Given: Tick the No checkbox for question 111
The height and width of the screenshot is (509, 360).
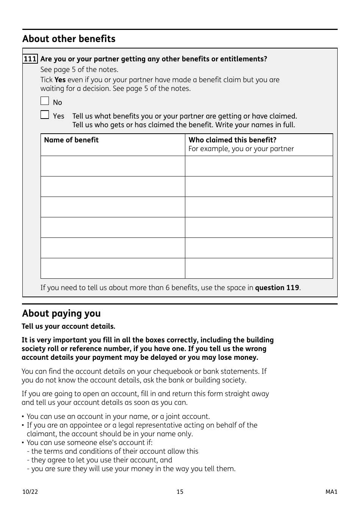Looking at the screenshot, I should pyautogui.click(x=45, y=101).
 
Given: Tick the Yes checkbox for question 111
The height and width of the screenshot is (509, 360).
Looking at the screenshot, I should pyautogui.click(x=45, y=114).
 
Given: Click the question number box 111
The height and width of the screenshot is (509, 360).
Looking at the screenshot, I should pyautogui.click(x=30, y=59).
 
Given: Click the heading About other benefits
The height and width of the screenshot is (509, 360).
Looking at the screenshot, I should pyautogui.click(x=69, y=39).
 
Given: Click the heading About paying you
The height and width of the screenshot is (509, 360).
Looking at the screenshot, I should pyautogui.click(x=61, y=314).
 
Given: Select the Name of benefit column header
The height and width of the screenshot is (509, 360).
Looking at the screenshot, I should pyautogui.click(x=71, y=140).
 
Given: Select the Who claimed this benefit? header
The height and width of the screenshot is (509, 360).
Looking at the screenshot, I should pyautogui.click(x=232, y=140).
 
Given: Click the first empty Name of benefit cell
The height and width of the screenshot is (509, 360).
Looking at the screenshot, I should pyautogui.click(x=113, y=166).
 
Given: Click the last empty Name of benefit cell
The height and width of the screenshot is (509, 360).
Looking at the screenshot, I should pyautogui.click(x=113, y=269).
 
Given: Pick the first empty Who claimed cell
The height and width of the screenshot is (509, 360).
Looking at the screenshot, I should pyautogui.click(x=259, y=166).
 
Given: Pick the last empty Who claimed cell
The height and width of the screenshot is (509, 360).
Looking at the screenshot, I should pyautogui.click(x=259, y=269).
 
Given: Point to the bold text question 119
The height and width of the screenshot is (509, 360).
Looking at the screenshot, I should pyautogui.click(x=277, y=288).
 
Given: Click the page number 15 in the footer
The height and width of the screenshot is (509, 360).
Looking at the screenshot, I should pyautogui.click(x=180, y=492).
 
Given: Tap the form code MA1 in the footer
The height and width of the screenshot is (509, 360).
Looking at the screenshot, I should pyautogui.click(x=331, y=492).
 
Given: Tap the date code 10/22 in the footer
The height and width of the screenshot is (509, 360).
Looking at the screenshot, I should pyautogui.click(x=30, y=492).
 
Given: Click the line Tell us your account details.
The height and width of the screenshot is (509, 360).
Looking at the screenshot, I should pyautogui.click(x=68, y=326).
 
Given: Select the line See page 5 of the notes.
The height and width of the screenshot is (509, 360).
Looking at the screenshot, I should pyautogui.click(x=79, y=70).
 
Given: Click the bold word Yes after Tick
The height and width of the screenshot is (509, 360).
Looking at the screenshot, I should pyautogui.click(x=60, y=80).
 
